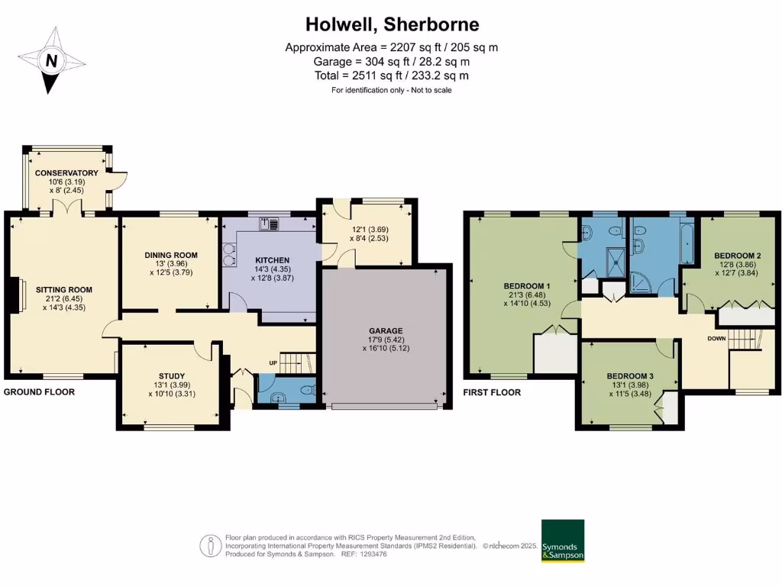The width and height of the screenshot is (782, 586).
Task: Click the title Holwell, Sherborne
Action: click(392, 24)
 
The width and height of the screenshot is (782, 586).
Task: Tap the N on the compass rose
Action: click(51, 60)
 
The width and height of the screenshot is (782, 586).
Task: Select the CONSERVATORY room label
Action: click(66, 173)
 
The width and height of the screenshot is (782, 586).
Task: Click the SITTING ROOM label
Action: click(63, 290)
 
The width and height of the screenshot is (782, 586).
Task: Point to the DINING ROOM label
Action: click(171, 255)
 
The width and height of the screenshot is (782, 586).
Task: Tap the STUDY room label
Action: click(171, 375)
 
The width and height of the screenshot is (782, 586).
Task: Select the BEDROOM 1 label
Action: click(522, 286)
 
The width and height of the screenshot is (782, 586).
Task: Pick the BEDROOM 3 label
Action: click(630, 375)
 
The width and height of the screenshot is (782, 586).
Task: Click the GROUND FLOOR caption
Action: click(40, 392)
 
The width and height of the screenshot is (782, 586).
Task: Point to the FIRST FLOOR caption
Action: click(492, 392)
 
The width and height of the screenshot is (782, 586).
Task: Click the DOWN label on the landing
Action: click(716, 338)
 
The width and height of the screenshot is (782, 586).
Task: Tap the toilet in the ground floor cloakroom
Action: click(307, 391)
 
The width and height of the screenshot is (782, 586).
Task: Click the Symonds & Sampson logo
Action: click(562, 541)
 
